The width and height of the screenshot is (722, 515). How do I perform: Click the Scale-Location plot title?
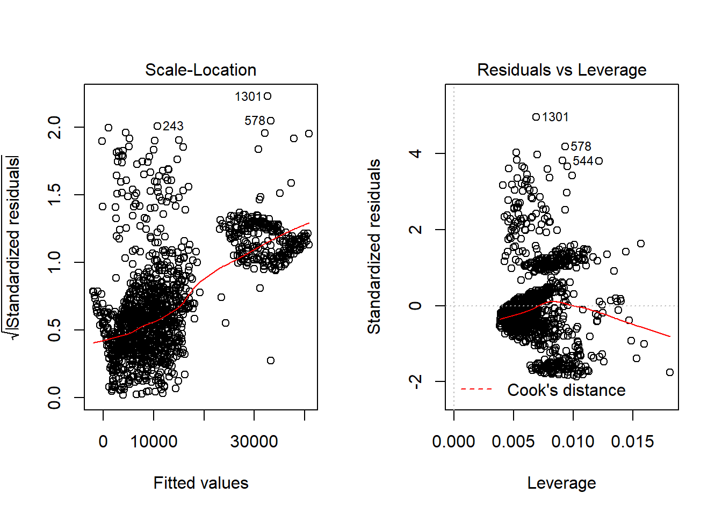tap(200, 70)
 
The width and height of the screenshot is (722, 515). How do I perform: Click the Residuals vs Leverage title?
tap(561, 70)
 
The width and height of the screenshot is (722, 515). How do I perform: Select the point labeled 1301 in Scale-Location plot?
tap(268, 96)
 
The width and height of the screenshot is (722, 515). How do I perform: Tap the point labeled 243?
tap(157, 126)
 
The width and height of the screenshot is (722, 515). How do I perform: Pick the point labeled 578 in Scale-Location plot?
tap(271, 121)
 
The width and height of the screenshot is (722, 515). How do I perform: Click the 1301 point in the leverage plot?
tap(536, 117)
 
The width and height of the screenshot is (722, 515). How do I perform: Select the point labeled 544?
tap(599, 161)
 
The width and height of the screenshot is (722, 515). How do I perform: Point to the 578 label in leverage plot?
tap(581, 146)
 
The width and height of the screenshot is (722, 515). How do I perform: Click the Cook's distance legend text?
tap(566, 390)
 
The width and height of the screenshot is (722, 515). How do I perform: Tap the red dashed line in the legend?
tap(476, 389)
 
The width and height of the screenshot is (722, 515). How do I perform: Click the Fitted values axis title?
tap(200, 483)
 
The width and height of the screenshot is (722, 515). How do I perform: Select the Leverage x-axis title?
tap(561, 483)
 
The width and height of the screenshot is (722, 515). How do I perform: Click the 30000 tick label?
tap(254, 442)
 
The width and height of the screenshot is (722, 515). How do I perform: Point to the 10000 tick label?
tap(154, 442)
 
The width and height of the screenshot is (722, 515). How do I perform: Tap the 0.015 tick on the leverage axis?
tap(632, 442)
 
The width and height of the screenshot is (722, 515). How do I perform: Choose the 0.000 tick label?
tap(453, 442)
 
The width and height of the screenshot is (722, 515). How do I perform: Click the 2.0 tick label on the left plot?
tap(55, 127)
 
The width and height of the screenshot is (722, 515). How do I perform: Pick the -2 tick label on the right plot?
tap(415, 381)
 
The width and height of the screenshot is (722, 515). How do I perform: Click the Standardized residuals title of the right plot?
tap(374, 246)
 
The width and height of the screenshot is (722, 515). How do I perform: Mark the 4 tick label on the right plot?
tap(415, 153)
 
